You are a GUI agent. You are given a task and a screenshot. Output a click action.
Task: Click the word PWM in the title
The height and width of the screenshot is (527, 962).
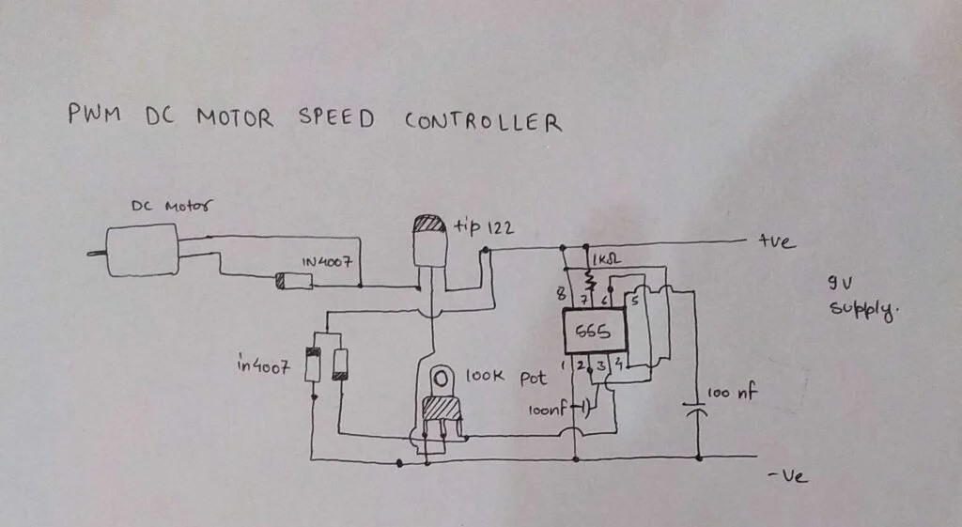coord(92,117)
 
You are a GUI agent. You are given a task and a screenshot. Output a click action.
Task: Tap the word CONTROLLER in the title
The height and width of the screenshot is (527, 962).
coord(483,121)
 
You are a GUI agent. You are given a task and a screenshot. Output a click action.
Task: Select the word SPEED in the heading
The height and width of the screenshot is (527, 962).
coord(335,119)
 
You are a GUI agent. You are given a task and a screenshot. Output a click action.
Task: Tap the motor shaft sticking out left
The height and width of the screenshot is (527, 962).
coord(97,253)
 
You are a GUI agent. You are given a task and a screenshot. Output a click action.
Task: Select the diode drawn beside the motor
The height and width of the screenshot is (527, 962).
coord(293,281)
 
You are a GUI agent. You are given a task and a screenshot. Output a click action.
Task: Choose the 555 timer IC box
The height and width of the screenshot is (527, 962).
coord(594,332)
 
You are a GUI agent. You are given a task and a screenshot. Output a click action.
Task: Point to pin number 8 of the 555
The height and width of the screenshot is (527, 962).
coord(563,295)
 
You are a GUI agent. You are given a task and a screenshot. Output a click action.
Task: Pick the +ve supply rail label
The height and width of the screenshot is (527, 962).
coord(777,242)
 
